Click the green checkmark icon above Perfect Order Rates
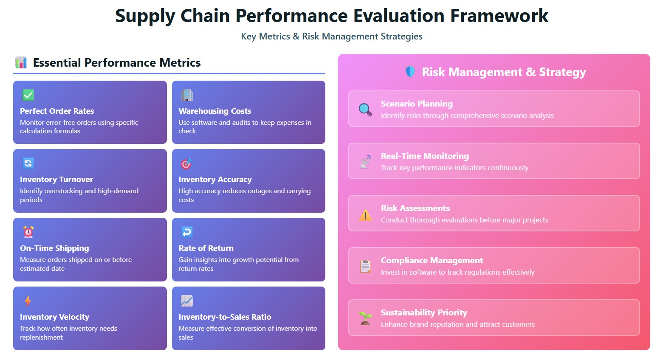click(x=28, y=95)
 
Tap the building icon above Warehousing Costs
click(x=187, y=95)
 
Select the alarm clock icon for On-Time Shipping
click(x=28, y=232)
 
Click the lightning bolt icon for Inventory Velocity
click(x=28, y=301)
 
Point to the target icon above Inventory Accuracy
click(x=187, y=163)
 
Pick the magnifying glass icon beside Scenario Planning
click(x=365, y=110)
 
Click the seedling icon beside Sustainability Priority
click(x=365, y=318)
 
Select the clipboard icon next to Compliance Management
click(x=365, y=266)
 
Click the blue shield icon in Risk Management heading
click(x=410, y=72)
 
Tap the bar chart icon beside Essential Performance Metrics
click(x=21, y=62)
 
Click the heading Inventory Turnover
click(x=56, y=180)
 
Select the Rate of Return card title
click(x=206, y=248)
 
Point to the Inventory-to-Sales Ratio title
click(x=225, y=317)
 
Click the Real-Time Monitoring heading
click(x=425, y=156)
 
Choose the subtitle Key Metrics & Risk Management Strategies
click(x=332, y=37)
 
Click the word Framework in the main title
click(x=499, y=16)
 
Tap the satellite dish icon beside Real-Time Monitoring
click(x=365, y=162)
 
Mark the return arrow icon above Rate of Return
click(x=187, y=232)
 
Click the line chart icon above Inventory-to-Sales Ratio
click(x=187, y=301)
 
